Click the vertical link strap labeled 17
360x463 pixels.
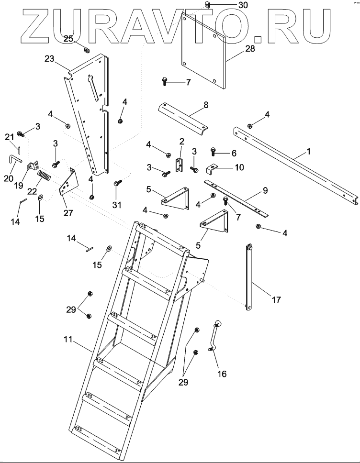point(249,277)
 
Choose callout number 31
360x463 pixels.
point(117,205)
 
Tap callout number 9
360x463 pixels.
point(265,190)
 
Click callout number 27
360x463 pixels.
point(68,213)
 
